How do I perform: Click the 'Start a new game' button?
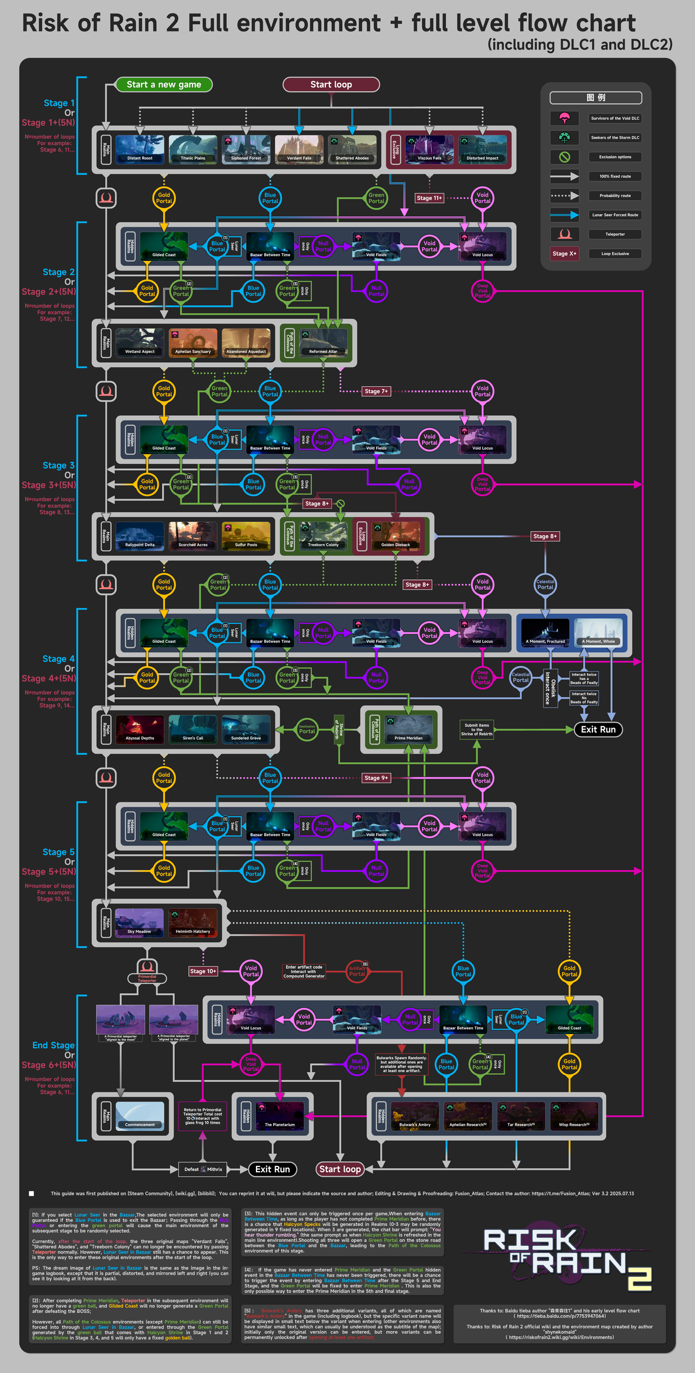pos(164,85)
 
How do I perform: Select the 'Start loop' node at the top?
pos(331,85)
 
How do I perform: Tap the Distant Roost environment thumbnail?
pos(140,149)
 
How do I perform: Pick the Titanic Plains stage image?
pos(193,149)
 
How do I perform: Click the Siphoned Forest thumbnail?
pos(246,149)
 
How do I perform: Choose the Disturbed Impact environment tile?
pos(482,149)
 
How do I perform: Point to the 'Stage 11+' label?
pos(429,198)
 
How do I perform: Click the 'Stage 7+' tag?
pos(376,391)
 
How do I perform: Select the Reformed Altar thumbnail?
pos(323,342)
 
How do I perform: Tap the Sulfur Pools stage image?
pos(246,535)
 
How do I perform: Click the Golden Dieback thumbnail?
pos(395,535)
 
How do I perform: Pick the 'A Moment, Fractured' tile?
pos(545,633)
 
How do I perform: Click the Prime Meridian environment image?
pos(408,729)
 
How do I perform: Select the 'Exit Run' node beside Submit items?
pos(598,729)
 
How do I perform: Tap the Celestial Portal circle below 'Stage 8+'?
pos(545,584)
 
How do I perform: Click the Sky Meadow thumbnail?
pos(139,922)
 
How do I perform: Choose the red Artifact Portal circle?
pos(357,971)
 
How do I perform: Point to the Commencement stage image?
pos(140,1115)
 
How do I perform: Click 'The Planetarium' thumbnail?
pos(280,1115)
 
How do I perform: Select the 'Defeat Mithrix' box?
pos(203,1169)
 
